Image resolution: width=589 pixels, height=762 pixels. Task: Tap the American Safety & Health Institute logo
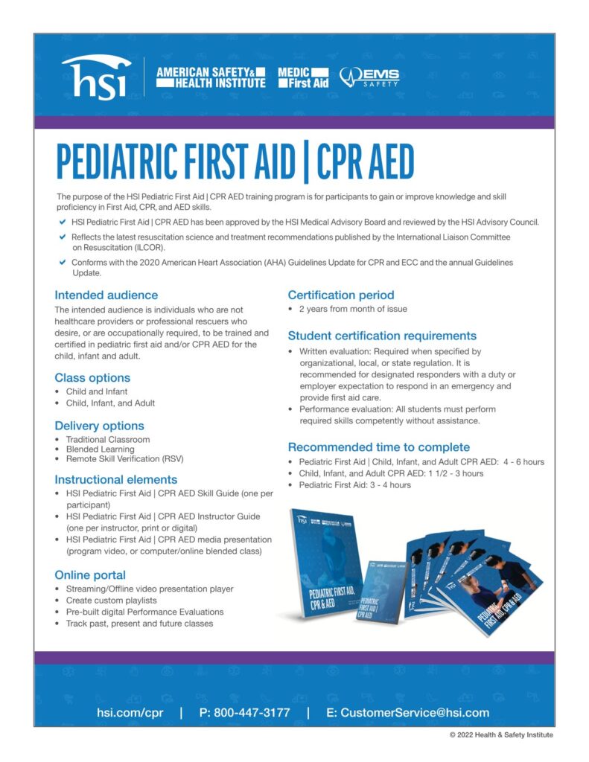click(210, 77)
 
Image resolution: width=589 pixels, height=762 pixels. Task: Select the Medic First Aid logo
click(302, 77)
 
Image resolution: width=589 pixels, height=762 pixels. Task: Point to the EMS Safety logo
click(369, 77)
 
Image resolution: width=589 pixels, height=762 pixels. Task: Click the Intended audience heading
click(106, 295)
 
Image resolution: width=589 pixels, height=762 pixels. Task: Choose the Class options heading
click(92, 377)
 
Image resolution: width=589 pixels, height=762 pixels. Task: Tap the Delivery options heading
click(99, 426)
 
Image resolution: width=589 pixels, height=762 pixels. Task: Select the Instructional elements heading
click(115, 479)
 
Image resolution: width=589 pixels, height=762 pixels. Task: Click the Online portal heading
click(90, 574)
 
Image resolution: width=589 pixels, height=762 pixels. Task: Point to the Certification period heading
click(341, 295)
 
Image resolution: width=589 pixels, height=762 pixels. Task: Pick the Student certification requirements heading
click(382, 336)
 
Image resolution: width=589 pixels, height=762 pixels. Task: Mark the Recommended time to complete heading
click(378, 446)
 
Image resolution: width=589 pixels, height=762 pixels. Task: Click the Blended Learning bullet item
click(101, 449)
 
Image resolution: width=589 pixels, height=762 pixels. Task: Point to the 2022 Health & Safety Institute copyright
click(501, 735)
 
